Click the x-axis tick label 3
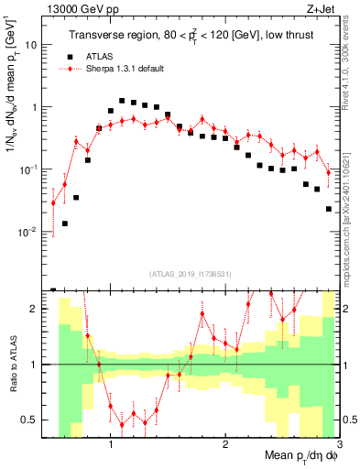tap(338, 442)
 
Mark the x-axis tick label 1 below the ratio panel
tap(111, 442)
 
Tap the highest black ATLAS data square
tap(122, 101)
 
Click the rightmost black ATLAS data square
tap(329, 209)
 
